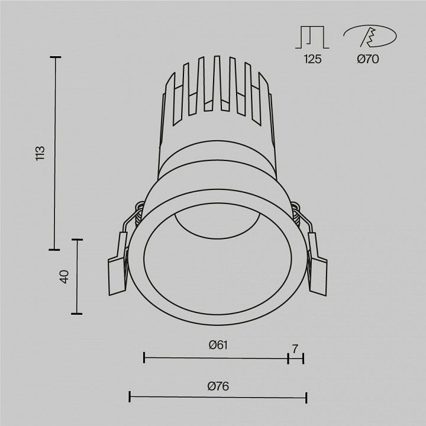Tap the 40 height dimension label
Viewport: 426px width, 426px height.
pyautogui.click(x=64, y=276)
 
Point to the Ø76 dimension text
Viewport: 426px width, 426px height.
pyautogui.click(x=218, y=386)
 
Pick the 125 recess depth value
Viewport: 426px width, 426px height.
pyautogui.click(x=312, y=59)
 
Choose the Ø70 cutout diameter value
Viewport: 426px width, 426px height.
pyautogui.click(x=368, y=59)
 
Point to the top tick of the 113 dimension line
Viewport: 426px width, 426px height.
pyautogui.click(x=56, y=57)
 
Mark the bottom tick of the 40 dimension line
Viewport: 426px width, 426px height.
pyautogui.click(x=76, y=314)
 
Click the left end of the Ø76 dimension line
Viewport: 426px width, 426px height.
pyautogui.click(x=130, y=397)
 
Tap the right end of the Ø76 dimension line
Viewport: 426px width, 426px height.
pyautogui.click(x=306, y=397)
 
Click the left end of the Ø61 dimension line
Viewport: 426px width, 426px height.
pyautogui.click(x=144, y=357)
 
